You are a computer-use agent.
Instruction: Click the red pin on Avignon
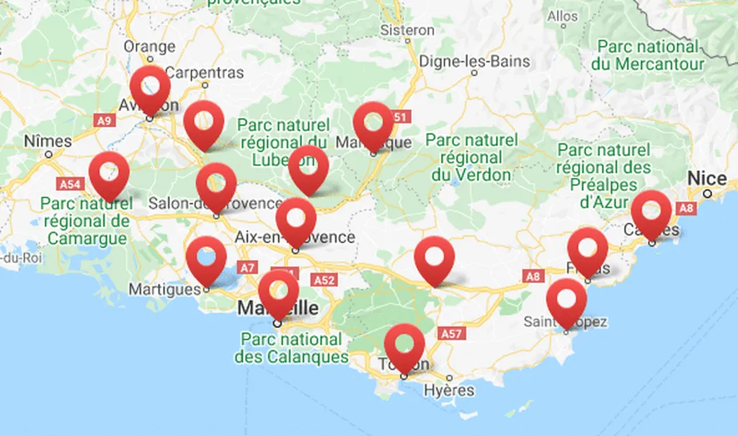point(151,87)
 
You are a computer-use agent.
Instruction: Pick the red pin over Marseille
point(278,291)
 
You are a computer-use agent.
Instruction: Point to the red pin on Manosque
point(373,123)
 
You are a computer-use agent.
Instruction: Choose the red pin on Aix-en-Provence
point(295,219)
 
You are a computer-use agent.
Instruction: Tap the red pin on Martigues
point(206,257)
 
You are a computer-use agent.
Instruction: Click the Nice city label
point(707,178)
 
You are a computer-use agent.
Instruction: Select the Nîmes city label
point(48,141)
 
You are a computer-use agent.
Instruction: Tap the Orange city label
point(149,47)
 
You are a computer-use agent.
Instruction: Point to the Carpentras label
point(205,73)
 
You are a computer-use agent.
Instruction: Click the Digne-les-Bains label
point(474,61)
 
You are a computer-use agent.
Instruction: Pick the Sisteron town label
point(407,30)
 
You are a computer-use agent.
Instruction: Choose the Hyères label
point(450,390)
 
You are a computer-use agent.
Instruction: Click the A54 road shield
point(70,184)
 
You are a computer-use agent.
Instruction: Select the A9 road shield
point(104,120)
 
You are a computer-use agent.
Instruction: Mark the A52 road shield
point(324,279)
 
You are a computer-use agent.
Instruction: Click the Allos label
point(562,16)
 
